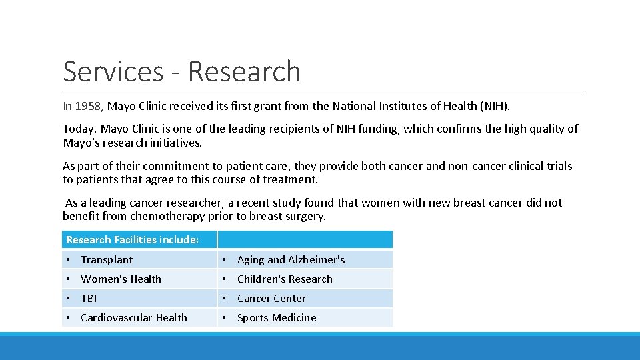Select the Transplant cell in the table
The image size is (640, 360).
[x=107, y=260]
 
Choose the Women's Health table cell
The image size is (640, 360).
[x=121, y=279]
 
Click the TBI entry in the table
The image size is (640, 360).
[x=89, y=299]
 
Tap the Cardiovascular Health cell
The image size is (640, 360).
[x=133, y=318]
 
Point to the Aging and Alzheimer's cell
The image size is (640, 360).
[x=291, y=260]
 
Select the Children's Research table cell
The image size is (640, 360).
[x=285, y=279]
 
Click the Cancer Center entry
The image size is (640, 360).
[x=271, y=299]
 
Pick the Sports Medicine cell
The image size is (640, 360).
[x=277, y=318]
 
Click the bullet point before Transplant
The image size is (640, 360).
[x=69, y=260]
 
